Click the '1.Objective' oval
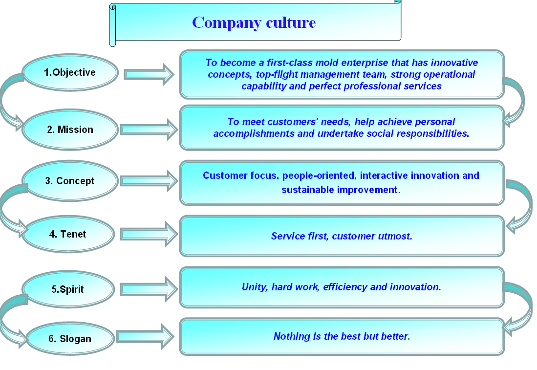(70, 72)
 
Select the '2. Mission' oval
(70, 130)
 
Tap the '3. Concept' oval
(70, 180)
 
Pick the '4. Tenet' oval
(68, 234)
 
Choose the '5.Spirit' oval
(68, 289)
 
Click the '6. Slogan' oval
(70, 339)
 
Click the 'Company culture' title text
(254, 22)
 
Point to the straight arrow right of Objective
(149, 74)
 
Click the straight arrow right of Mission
(149, 130)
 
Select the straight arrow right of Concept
(149, 180)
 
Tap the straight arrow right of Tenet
(149, 234)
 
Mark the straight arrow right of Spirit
(149, 289)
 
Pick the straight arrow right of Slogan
(145, 336)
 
